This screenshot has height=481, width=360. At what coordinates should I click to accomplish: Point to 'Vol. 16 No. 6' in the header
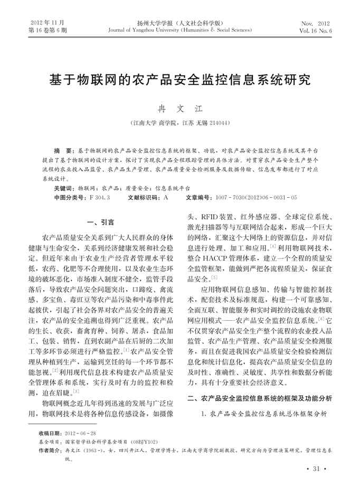[315, 31]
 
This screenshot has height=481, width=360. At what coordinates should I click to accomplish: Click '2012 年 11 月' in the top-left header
[46, 24]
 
